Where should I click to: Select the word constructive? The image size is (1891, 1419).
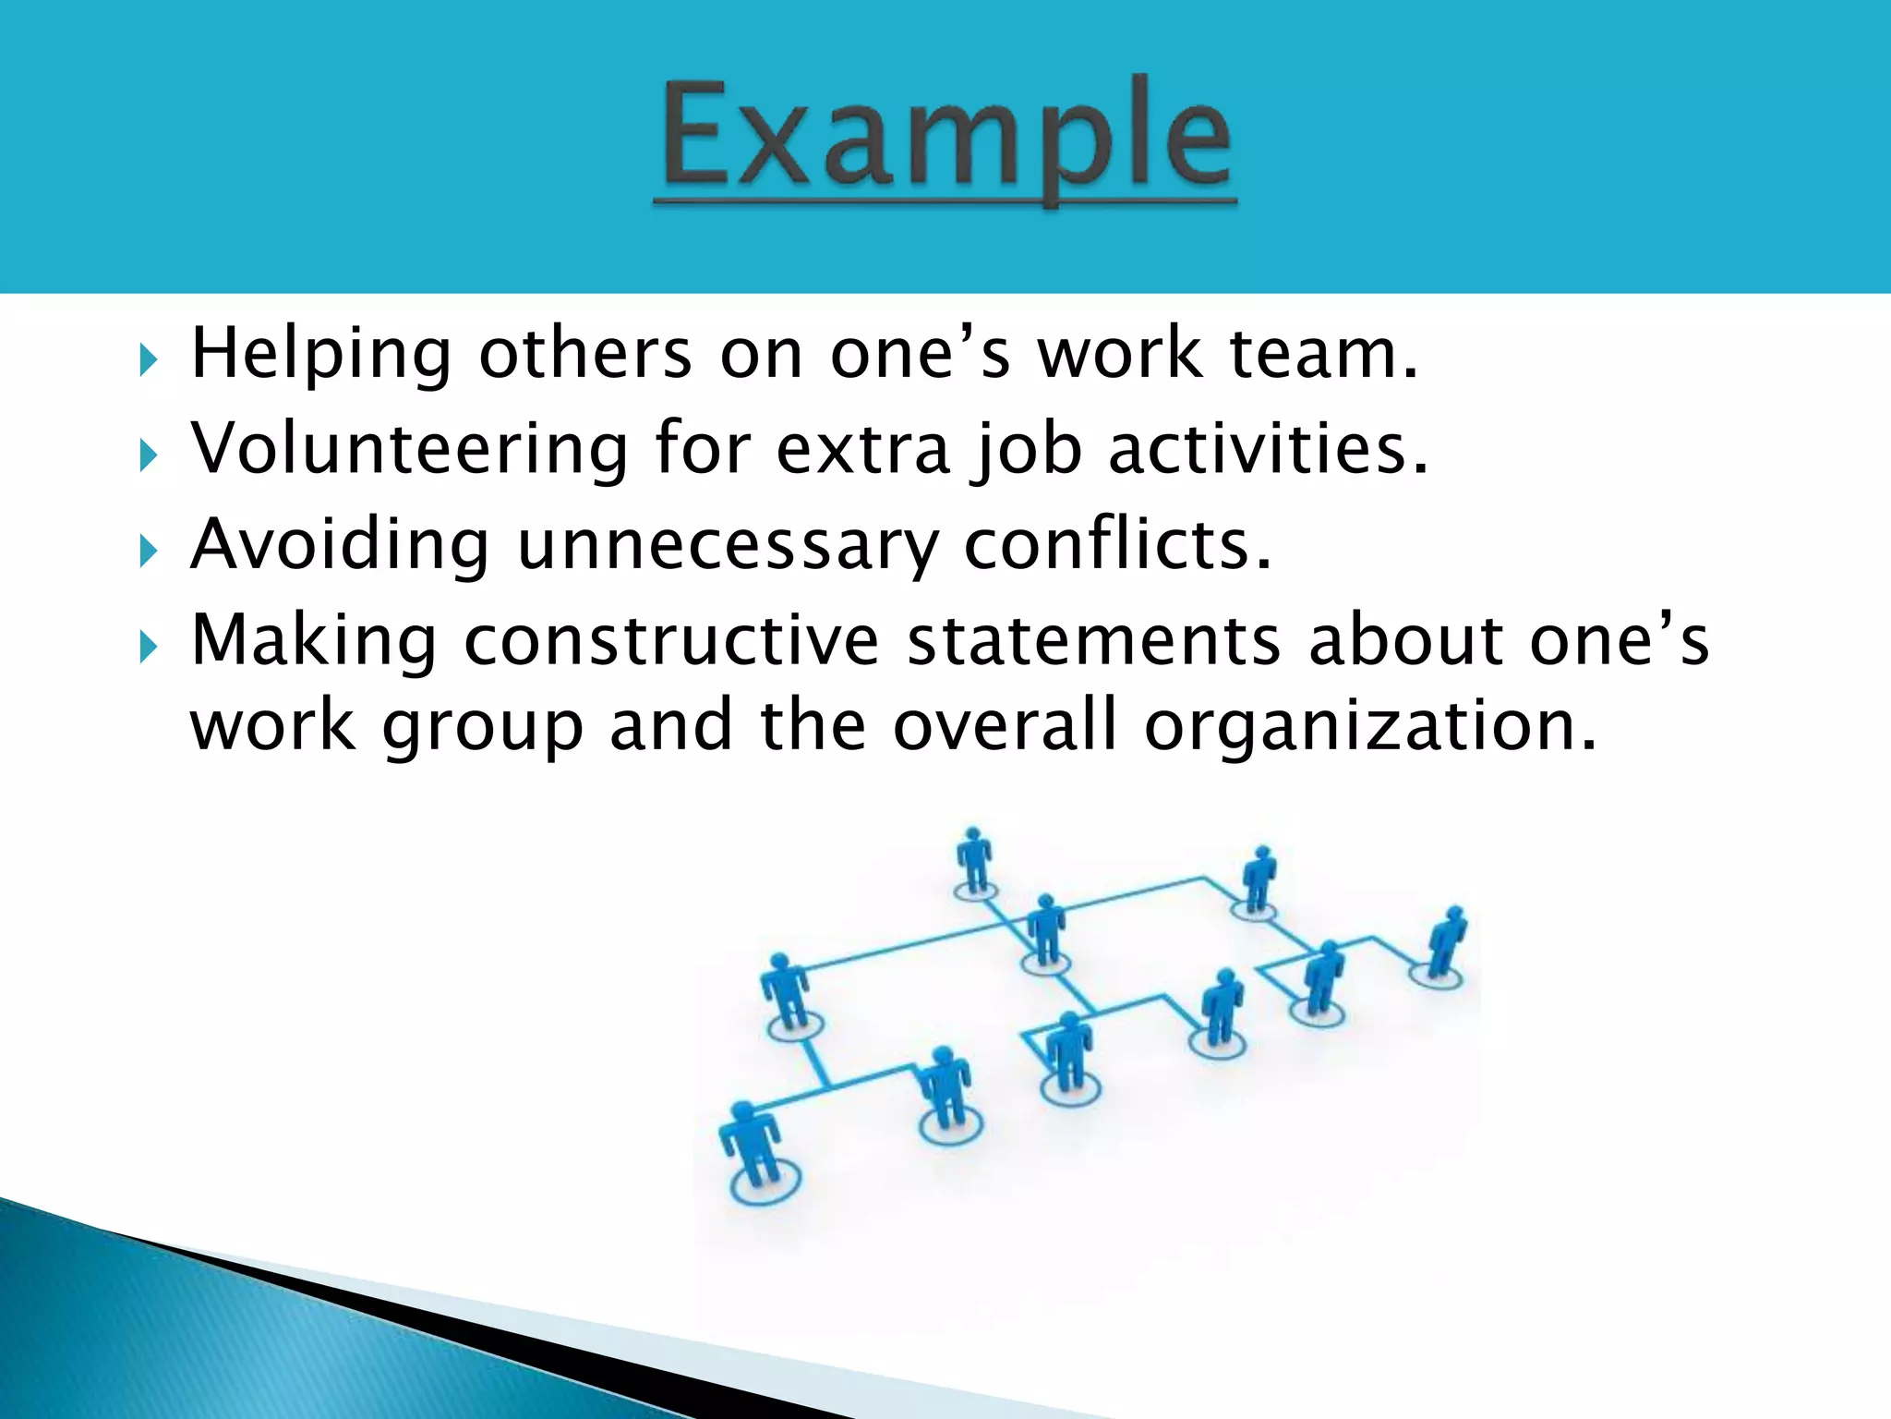pyautogui.click(x=671, y=640)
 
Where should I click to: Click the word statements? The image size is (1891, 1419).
pyautogui.click(x=1093, y=640)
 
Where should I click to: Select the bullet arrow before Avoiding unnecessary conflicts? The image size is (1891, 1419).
pyautogui.click(x=148, y=551)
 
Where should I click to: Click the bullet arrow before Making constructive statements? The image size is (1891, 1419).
pyautogui.click(x=148, y=647)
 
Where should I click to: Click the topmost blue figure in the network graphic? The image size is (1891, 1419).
pyautogui.click(x=974, y=859)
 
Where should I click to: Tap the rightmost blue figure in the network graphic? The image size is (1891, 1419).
pyautogui.click(x=1445, y=942)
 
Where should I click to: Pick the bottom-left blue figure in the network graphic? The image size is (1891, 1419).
pyautogui.click(x=753, y=1146)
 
